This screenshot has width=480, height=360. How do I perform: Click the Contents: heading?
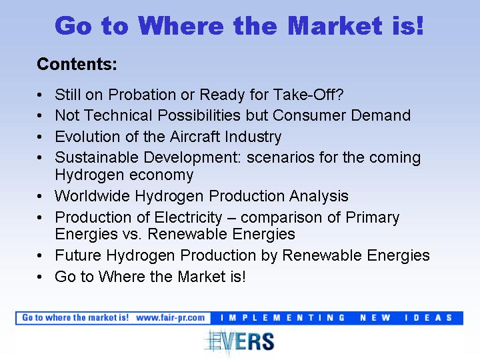(77, 64)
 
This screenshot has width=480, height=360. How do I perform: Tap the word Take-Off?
(308, 95)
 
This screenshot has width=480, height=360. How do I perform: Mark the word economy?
(161, 175)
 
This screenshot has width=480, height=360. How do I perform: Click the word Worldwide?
(92, 196)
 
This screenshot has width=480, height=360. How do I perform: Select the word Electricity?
(188, 217)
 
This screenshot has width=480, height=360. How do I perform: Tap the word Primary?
(373, 217)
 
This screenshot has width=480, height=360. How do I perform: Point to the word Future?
(78, 255)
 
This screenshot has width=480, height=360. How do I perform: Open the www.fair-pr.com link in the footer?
(170, 318)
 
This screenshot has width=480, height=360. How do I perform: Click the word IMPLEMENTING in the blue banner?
(283, 318)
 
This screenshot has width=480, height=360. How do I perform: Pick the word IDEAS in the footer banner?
(428, 318)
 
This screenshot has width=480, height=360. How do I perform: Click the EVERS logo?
(239, 341)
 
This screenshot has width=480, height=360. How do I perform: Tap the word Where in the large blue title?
(181, 26)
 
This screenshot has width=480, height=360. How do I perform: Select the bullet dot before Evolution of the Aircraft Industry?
(39, 137)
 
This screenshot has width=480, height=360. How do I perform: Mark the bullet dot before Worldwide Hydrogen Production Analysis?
(39, 197)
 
